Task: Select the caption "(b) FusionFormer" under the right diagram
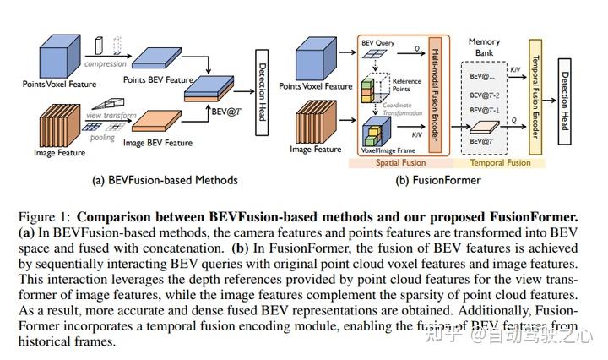[x=432, y=179]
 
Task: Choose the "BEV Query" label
[x=377, y=41]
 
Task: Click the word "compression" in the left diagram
[x=105, y=62]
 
